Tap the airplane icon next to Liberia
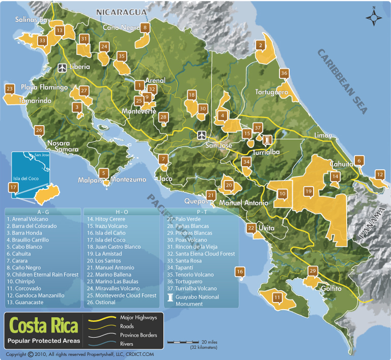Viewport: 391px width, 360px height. [x=63, y=67]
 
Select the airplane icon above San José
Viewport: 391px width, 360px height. [x=202, y=135]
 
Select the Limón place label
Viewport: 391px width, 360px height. [x=324, y=135]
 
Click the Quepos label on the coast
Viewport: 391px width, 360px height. [x=195, y=200]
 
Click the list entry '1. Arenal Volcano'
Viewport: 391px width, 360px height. [x=28, y=219]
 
